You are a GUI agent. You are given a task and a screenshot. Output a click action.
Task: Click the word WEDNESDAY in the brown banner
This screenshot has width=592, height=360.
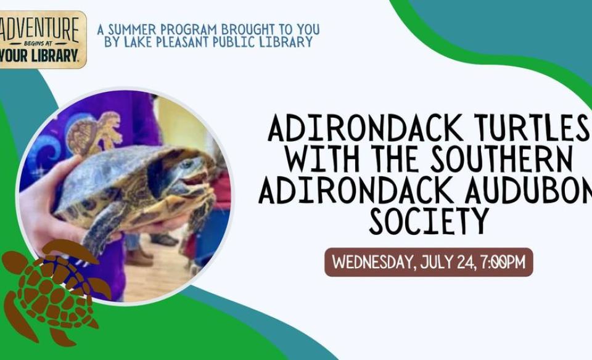(x=374, y=262)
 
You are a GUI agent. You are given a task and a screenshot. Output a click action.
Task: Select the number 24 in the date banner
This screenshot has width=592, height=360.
(x=466, y=262)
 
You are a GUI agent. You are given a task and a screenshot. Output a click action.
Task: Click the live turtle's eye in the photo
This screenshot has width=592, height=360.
(x=186, y=165)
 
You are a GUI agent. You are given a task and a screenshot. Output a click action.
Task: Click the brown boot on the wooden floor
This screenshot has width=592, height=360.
(x=140, y=256)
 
